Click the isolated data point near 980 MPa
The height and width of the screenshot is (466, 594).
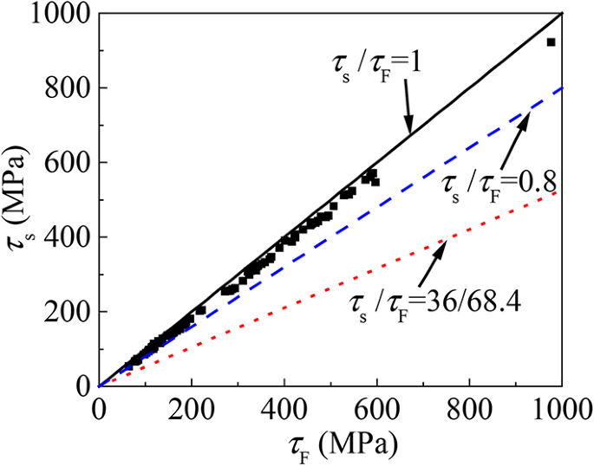[x=551, y=42]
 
